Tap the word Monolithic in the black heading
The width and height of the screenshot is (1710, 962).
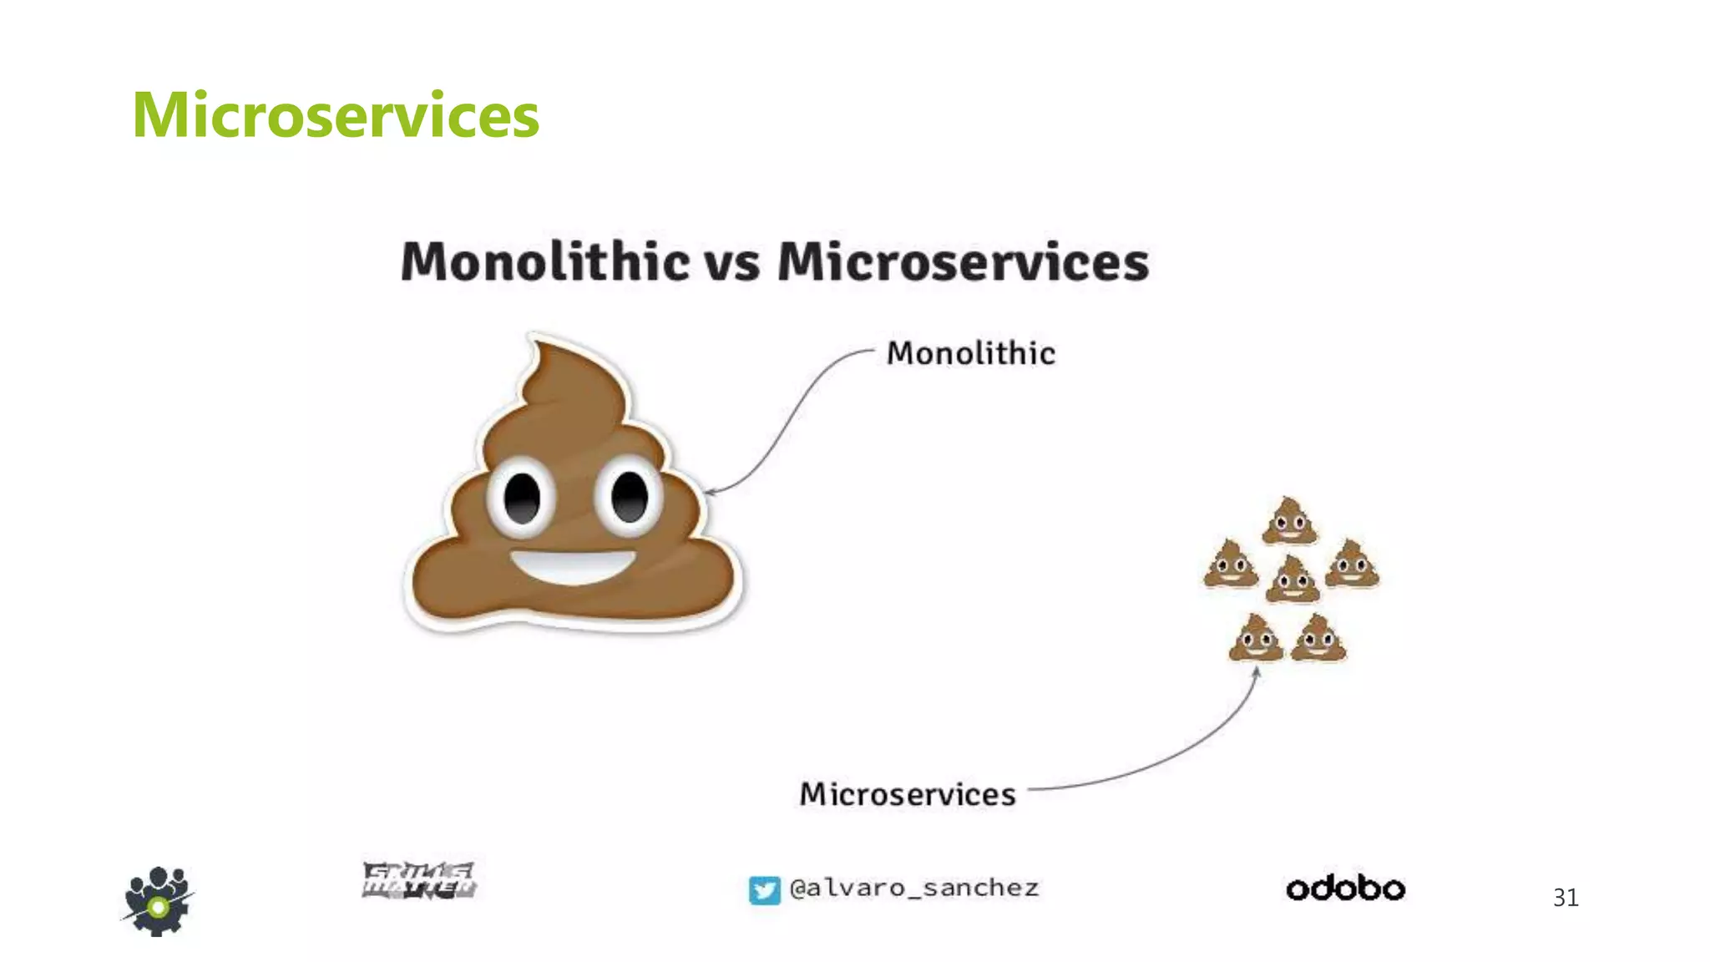545,261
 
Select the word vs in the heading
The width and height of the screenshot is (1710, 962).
732,263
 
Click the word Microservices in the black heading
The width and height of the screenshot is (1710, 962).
963,261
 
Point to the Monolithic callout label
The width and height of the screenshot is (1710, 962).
970,353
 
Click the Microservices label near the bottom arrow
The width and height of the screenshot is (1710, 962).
908,794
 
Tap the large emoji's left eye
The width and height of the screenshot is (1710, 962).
522,499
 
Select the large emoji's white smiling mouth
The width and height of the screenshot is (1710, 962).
573,567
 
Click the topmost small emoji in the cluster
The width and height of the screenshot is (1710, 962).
1289,521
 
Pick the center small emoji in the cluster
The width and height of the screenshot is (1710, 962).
1293,580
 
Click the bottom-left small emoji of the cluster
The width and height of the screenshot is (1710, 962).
1255,638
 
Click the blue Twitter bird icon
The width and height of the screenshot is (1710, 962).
764,890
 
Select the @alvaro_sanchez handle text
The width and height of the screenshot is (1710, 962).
914,888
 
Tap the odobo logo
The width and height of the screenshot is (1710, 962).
1345,889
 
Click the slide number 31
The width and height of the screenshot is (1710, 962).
1566,898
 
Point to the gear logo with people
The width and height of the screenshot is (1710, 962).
158,901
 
